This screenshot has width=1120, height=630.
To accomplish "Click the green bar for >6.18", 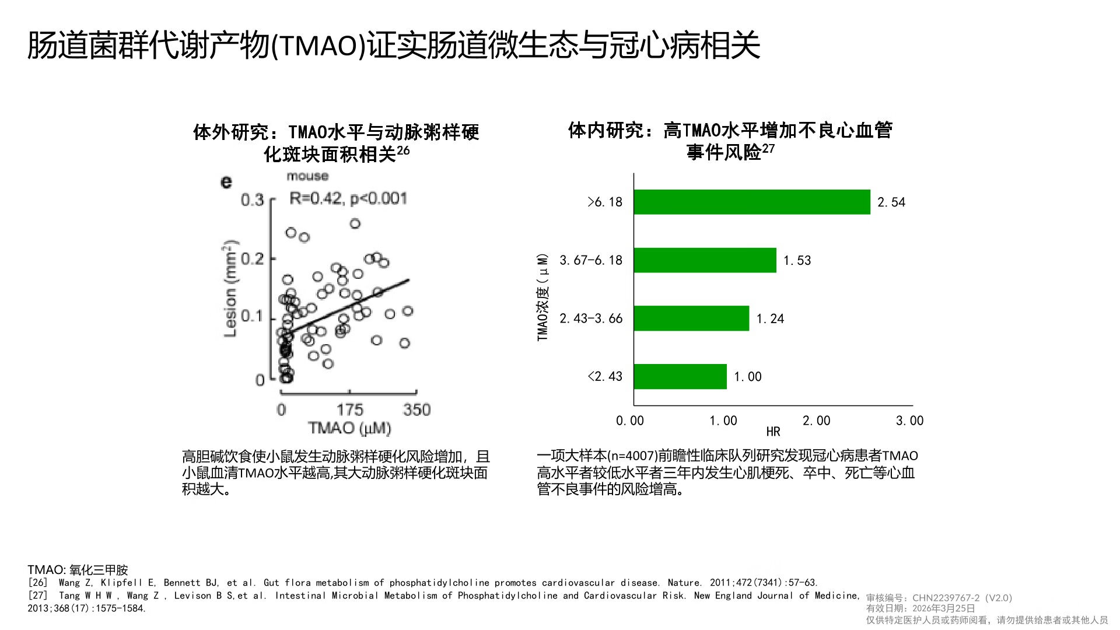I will tap(751, 202).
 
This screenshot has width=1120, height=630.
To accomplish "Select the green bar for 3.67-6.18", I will tap(705, 260).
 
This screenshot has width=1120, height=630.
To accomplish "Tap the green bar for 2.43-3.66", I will tap(691, 318).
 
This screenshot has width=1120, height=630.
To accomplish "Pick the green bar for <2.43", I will tap(680, 376).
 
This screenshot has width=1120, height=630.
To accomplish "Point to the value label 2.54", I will tap(891, 202).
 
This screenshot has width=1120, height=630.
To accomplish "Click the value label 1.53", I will tap(797, 261).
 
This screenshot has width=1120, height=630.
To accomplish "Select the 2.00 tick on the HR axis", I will tap(816, 421).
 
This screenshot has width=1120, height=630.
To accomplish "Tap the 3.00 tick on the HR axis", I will tap(909, 421).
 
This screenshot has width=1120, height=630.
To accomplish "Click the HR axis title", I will tap(773, 432).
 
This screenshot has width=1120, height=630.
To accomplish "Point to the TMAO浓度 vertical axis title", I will tap(543, 297).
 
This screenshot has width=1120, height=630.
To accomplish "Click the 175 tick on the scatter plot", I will tap(349, 410).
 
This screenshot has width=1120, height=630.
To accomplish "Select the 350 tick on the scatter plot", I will tap(416, 410).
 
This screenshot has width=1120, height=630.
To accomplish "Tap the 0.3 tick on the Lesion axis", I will tap(253, 200).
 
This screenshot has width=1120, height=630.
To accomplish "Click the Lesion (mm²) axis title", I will tap(231, 288).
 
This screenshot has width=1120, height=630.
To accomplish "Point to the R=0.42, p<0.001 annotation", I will tap(348, 198).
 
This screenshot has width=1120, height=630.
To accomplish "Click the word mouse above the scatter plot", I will tap(307, 176).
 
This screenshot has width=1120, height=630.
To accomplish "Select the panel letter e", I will tap(226, 182).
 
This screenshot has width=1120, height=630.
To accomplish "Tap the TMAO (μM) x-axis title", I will tap(349, 429).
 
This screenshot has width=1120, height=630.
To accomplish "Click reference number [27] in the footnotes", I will tap(38, 596).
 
